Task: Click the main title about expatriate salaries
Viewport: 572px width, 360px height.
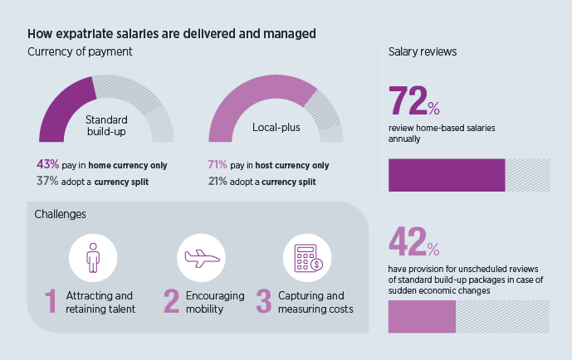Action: click(171, 34)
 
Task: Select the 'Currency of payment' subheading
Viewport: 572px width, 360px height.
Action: click(81, 51)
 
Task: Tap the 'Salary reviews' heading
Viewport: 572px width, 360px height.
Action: click(423, 51)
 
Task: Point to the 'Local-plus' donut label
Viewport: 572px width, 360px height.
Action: click(276, 128)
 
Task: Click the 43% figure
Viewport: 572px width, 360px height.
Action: click(46, 164)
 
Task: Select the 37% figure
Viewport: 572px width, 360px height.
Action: click(46, 180)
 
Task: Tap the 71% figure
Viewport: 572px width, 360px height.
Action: click(218, 164)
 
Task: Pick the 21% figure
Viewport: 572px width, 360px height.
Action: click(218, 180)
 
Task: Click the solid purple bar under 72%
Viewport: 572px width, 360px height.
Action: click(447, 175)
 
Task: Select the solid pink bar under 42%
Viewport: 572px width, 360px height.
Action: click(422, 317)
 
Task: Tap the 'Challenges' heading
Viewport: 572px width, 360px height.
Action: click(61, 215)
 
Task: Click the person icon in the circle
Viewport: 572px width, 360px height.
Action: click(93, 257)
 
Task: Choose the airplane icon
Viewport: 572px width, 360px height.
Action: click(202, 258)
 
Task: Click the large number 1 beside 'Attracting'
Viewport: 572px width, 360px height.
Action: click(51, 301)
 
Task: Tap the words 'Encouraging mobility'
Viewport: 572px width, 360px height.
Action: click(215, 302)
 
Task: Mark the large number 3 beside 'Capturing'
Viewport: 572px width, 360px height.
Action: click(264, 301)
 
